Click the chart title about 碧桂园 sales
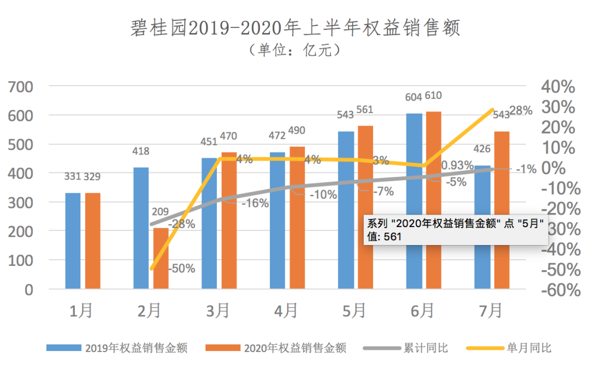pos(295,28)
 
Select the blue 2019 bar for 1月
pos(73,241)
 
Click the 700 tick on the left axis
pos(21,87)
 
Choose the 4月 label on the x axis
pos(286,311)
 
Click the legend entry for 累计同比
pos(413,348)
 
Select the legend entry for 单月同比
pos(514,348)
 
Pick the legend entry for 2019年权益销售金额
pos(117,348)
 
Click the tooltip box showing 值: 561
pos(457,230)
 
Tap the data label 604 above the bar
pos(414,97)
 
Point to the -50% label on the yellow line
pos(181,269)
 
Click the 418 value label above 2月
pos(140,152)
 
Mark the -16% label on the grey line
pos(255,204)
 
